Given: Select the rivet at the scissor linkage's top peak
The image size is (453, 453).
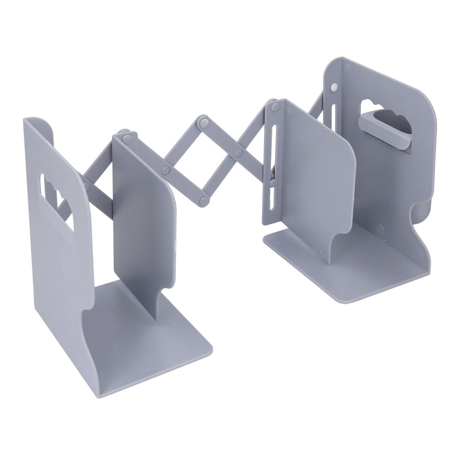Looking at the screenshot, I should click(x=204, y=120).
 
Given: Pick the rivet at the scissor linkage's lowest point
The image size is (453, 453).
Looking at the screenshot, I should click(x=204, y=201).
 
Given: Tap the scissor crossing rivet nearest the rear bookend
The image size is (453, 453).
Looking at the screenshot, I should click(x=239, y=154).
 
